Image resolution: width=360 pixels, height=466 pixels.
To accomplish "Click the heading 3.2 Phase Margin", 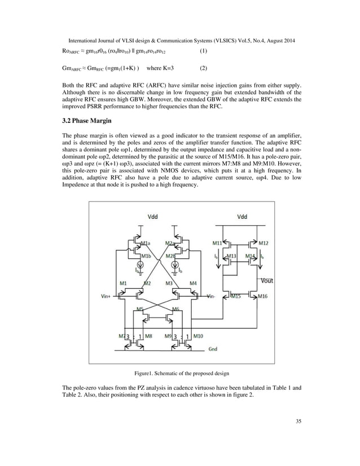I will [87, 120].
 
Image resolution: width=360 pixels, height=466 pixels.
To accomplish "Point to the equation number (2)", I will [204, 73].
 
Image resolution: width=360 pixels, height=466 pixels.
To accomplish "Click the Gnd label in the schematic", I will [213, 349].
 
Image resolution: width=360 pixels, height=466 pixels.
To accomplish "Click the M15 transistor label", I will [235, 296].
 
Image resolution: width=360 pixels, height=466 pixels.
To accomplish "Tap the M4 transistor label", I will [194, 282].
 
